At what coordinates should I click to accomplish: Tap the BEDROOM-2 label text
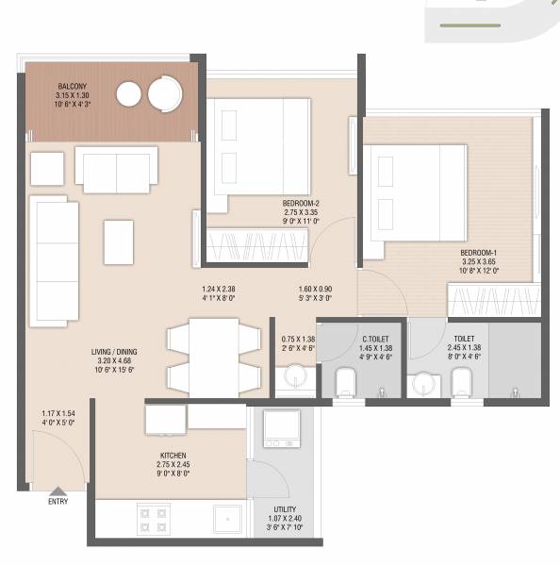(303, 204)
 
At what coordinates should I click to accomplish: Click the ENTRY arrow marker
(58, 491)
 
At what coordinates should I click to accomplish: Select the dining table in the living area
(213, 358)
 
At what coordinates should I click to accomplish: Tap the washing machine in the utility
(281, 429)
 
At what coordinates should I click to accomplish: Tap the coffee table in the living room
(119, 241)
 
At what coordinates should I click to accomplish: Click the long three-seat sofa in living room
(53, 261)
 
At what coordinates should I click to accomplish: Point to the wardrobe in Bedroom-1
(495, 300)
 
